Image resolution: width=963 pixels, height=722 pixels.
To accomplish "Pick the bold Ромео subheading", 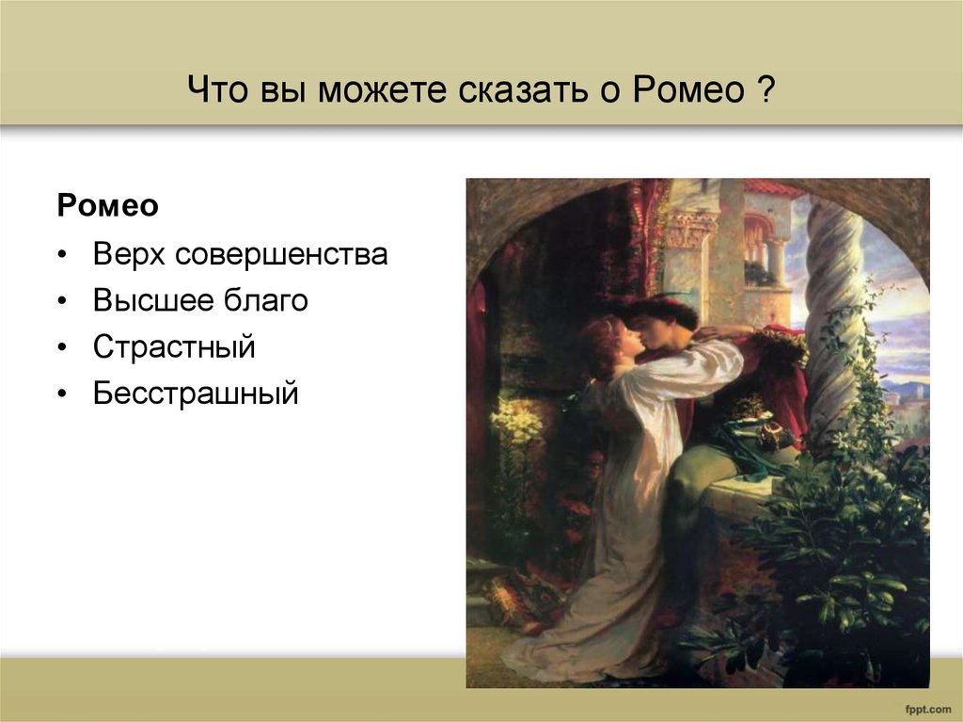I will coord(108,206).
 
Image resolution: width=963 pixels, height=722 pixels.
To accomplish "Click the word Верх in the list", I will coord(130,254).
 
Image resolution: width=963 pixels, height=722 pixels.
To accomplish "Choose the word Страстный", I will coord(174,346).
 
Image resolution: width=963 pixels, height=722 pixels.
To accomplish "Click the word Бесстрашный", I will coord(196,393).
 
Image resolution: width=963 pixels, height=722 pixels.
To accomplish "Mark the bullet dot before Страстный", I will coord(62,347).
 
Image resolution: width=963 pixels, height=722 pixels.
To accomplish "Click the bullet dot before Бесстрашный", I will coord(62,393).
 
